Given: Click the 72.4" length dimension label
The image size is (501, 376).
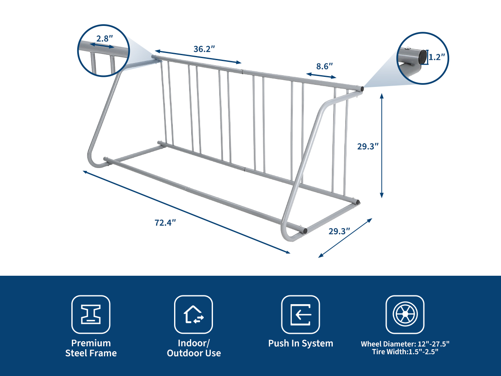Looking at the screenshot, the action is (165, 223).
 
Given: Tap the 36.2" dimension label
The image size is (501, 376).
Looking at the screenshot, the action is (204, 49).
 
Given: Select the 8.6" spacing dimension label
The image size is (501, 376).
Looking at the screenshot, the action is (324, 66).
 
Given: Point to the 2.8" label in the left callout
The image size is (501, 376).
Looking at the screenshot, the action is (104, 38).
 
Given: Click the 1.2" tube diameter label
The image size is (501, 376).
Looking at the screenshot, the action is (437, 57).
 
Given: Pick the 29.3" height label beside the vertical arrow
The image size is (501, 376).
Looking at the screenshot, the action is (368, 146).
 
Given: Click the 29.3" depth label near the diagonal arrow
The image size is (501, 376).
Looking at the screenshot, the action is (339, 231).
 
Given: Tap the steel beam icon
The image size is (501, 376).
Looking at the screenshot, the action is (91, 315).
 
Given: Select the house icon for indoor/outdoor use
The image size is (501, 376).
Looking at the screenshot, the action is (194, 315).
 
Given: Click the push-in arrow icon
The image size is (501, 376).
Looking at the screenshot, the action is (300, 315).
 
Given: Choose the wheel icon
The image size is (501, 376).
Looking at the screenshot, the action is (405, 314).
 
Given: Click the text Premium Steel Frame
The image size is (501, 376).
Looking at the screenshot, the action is (91, 348).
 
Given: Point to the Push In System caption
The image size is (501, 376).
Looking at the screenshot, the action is (301, 343).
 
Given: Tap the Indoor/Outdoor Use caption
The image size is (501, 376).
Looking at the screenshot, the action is (194, 348).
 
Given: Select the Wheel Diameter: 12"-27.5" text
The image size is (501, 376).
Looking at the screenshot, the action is (405, 344).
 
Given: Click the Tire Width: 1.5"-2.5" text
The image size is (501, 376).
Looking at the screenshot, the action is (405, 352).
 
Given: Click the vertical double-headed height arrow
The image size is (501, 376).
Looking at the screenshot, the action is (382, 146).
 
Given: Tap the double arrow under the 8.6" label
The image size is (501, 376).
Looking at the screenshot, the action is (321, 76).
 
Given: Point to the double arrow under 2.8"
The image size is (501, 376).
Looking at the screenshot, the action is (102, 46).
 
